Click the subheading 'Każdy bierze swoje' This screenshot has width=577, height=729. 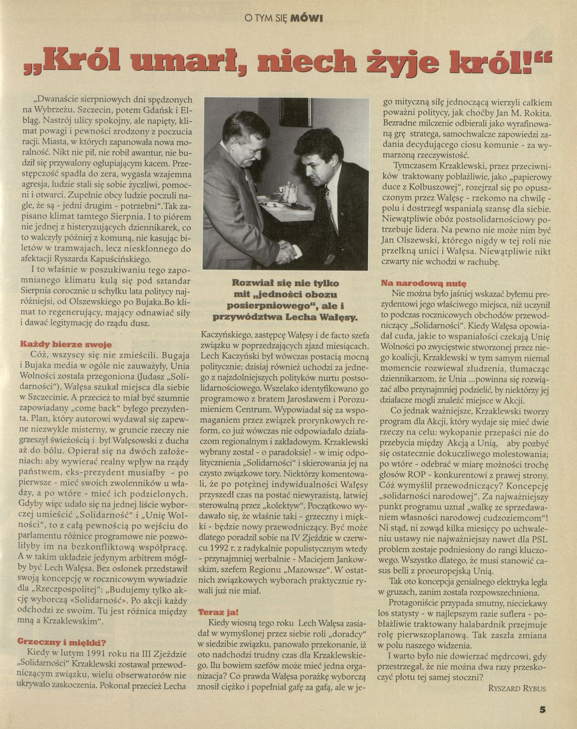pyautogui.click(x=65, y=344)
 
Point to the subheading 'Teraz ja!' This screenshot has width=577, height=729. pyautogui.click(x=217, y=612)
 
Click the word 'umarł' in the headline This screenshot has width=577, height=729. pyautogui.click(x=195, y=62)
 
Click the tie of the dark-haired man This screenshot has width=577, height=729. pyautogui.click(x=329, y=202)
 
